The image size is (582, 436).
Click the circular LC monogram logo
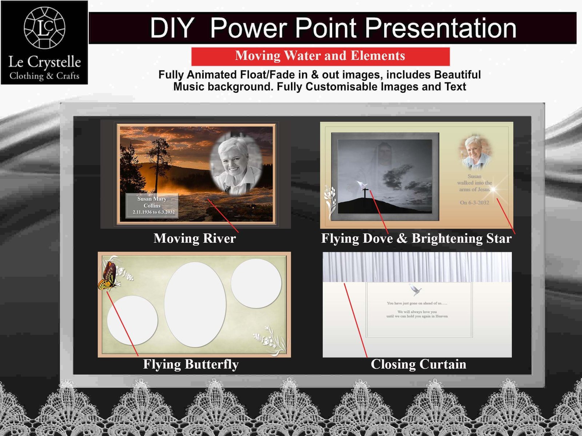coord(44,28)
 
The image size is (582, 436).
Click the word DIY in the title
coord(172,28)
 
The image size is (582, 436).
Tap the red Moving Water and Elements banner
coord(320,56)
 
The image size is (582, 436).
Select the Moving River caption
coord(195,238)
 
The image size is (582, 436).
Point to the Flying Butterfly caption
coord(191,364)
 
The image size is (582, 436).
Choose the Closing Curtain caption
coord(418,364)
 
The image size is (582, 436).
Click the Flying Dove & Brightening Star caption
coord(416,238)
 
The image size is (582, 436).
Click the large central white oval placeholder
coord(195,304)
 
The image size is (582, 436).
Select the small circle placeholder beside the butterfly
coord(132,320)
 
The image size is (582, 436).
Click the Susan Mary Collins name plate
coord(152,206)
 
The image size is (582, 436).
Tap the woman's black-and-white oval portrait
coord(236,164)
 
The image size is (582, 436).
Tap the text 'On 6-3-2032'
coord(474,203)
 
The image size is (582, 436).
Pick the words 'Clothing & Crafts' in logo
coord(44,76)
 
